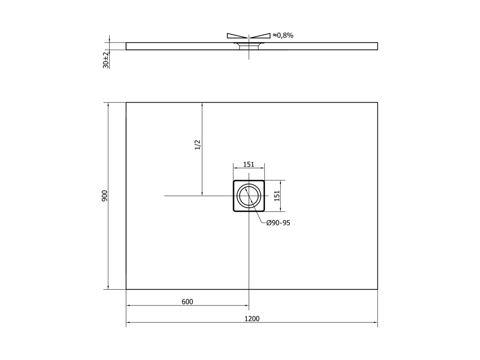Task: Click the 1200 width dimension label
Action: [252, 319]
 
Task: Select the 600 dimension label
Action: [187, 302]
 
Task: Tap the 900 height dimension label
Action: [105, 196]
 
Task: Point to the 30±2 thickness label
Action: [106, 60]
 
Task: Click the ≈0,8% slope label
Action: [283, 36]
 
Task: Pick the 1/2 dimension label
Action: [197, 145]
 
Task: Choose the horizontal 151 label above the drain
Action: [248, 165]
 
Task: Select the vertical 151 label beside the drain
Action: [277, 196]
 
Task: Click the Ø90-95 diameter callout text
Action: [278, 223]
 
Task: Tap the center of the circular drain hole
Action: [248, 195]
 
